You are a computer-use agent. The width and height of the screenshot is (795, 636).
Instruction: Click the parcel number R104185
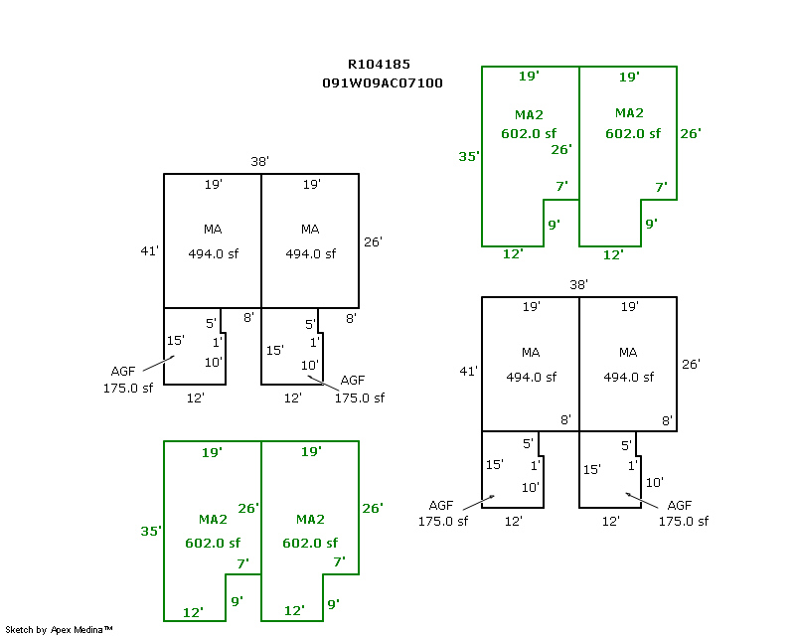pos(379,65)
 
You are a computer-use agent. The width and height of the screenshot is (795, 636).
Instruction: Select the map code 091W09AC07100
pos(383,83)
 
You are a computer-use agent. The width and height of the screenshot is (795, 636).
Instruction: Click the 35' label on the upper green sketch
pos(470,156)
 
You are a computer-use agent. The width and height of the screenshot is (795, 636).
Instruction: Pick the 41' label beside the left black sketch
pos(150,251)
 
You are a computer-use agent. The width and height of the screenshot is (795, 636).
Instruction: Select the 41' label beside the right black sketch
pos(468,371)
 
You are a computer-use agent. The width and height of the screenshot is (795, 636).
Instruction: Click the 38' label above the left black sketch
pos(260,161)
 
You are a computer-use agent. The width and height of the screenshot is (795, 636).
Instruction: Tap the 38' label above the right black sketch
pos(578,284)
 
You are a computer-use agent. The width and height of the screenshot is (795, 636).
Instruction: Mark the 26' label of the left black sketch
pos(374,241)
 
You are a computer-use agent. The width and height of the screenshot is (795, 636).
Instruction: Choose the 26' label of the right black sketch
pos(691,364)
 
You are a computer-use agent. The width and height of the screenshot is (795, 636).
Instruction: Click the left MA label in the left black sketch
pos(213,230)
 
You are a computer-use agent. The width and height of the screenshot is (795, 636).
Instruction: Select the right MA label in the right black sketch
pos(628,353)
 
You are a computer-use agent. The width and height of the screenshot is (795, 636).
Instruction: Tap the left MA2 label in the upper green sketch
pos(529,114)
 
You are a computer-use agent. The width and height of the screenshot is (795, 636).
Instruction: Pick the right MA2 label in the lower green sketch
pos(310,520)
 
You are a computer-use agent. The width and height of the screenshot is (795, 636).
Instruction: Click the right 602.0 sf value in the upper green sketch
pos(632,133)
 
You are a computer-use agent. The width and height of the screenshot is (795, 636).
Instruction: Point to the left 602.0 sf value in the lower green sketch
pos(213,543)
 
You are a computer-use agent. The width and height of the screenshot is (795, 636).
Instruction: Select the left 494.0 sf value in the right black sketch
pos(531,377)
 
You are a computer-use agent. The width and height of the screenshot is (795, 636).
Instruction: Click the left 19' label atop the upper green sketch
pos(529,77)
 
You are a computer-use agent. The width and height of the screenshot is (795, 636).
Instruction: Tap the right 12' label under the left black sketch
pos(293,397)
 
